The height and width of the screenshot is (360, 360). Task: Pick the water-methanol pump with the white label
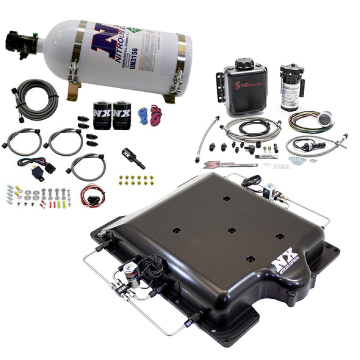[x=289, y=85]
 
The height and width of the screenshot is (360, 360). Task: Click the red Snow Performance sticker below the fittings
[x=229, y=165]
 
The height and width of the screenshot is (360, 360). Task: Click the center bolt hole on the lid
[x=231, y=230]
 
